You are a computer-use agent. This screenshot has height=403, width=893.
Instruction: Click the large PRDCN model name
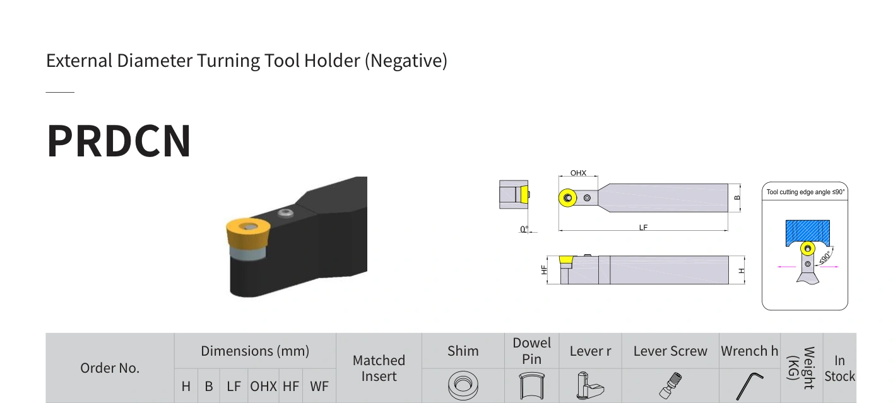click(x=119, y=141)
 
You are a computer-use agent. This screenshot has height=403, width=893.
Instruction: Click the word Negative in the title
click(x=406, y=61)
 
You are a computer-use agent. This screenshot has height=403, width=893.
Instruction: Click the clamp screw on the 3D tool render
click(x=285, y=213)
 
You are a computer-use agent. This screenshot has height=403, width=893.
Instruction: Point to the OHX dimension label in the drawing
click(x=578, y=173)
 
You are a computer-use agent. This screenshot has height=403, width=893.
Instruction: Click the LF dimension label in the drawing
click(x=643, y=228)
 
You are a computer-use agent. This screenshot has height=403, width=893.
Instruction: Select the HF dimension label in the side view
click(x=544, y=270)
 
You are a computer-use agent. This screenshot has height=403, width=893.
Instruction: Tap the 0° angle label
click(x=524, y=229)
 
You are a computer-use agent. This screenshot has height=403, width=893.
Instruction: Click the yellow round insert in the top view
click(x=568, y=198)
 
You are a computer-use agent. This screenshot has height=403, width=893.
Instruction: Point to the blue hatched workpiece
click(x=808, y=231)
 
